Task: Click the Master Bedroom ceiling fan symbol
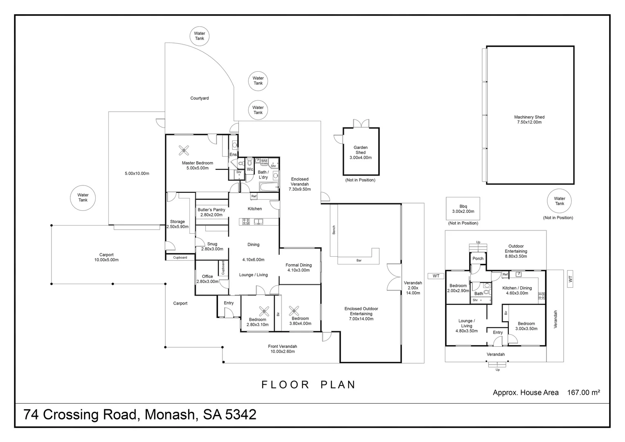[x=184, y=151]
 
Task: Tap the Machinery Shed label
[x=529, y=120]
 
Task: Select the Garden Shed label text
[x=360, y=152]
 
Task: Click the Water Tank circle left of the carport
[x=83, y=198]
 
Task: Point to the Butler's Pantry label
[x=211, y=212]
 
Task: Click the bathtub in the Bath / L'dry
[x=268, y=188]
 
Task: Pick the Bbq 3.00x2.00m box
[x=463, y=209]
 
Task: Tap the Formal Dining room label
[x=299, y=267]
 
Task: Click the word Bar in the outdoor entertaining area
[x=359, y=260]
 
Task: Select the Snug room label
[x=212, y=246]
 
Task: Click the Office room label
[x=207, y=279]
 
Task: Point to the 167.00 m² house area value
[x=583, y=392]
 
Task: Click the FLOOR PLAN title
[x=308, y=385]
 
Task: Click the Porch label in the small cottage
[x=478, y=259]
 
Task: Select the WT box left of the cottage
[x=436, y=276]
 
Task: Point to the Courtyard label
[x=200, y=98]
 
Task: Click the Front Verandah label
[x=282, y=349]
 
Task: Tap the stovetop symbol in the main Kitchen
[x=246, y=222]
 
